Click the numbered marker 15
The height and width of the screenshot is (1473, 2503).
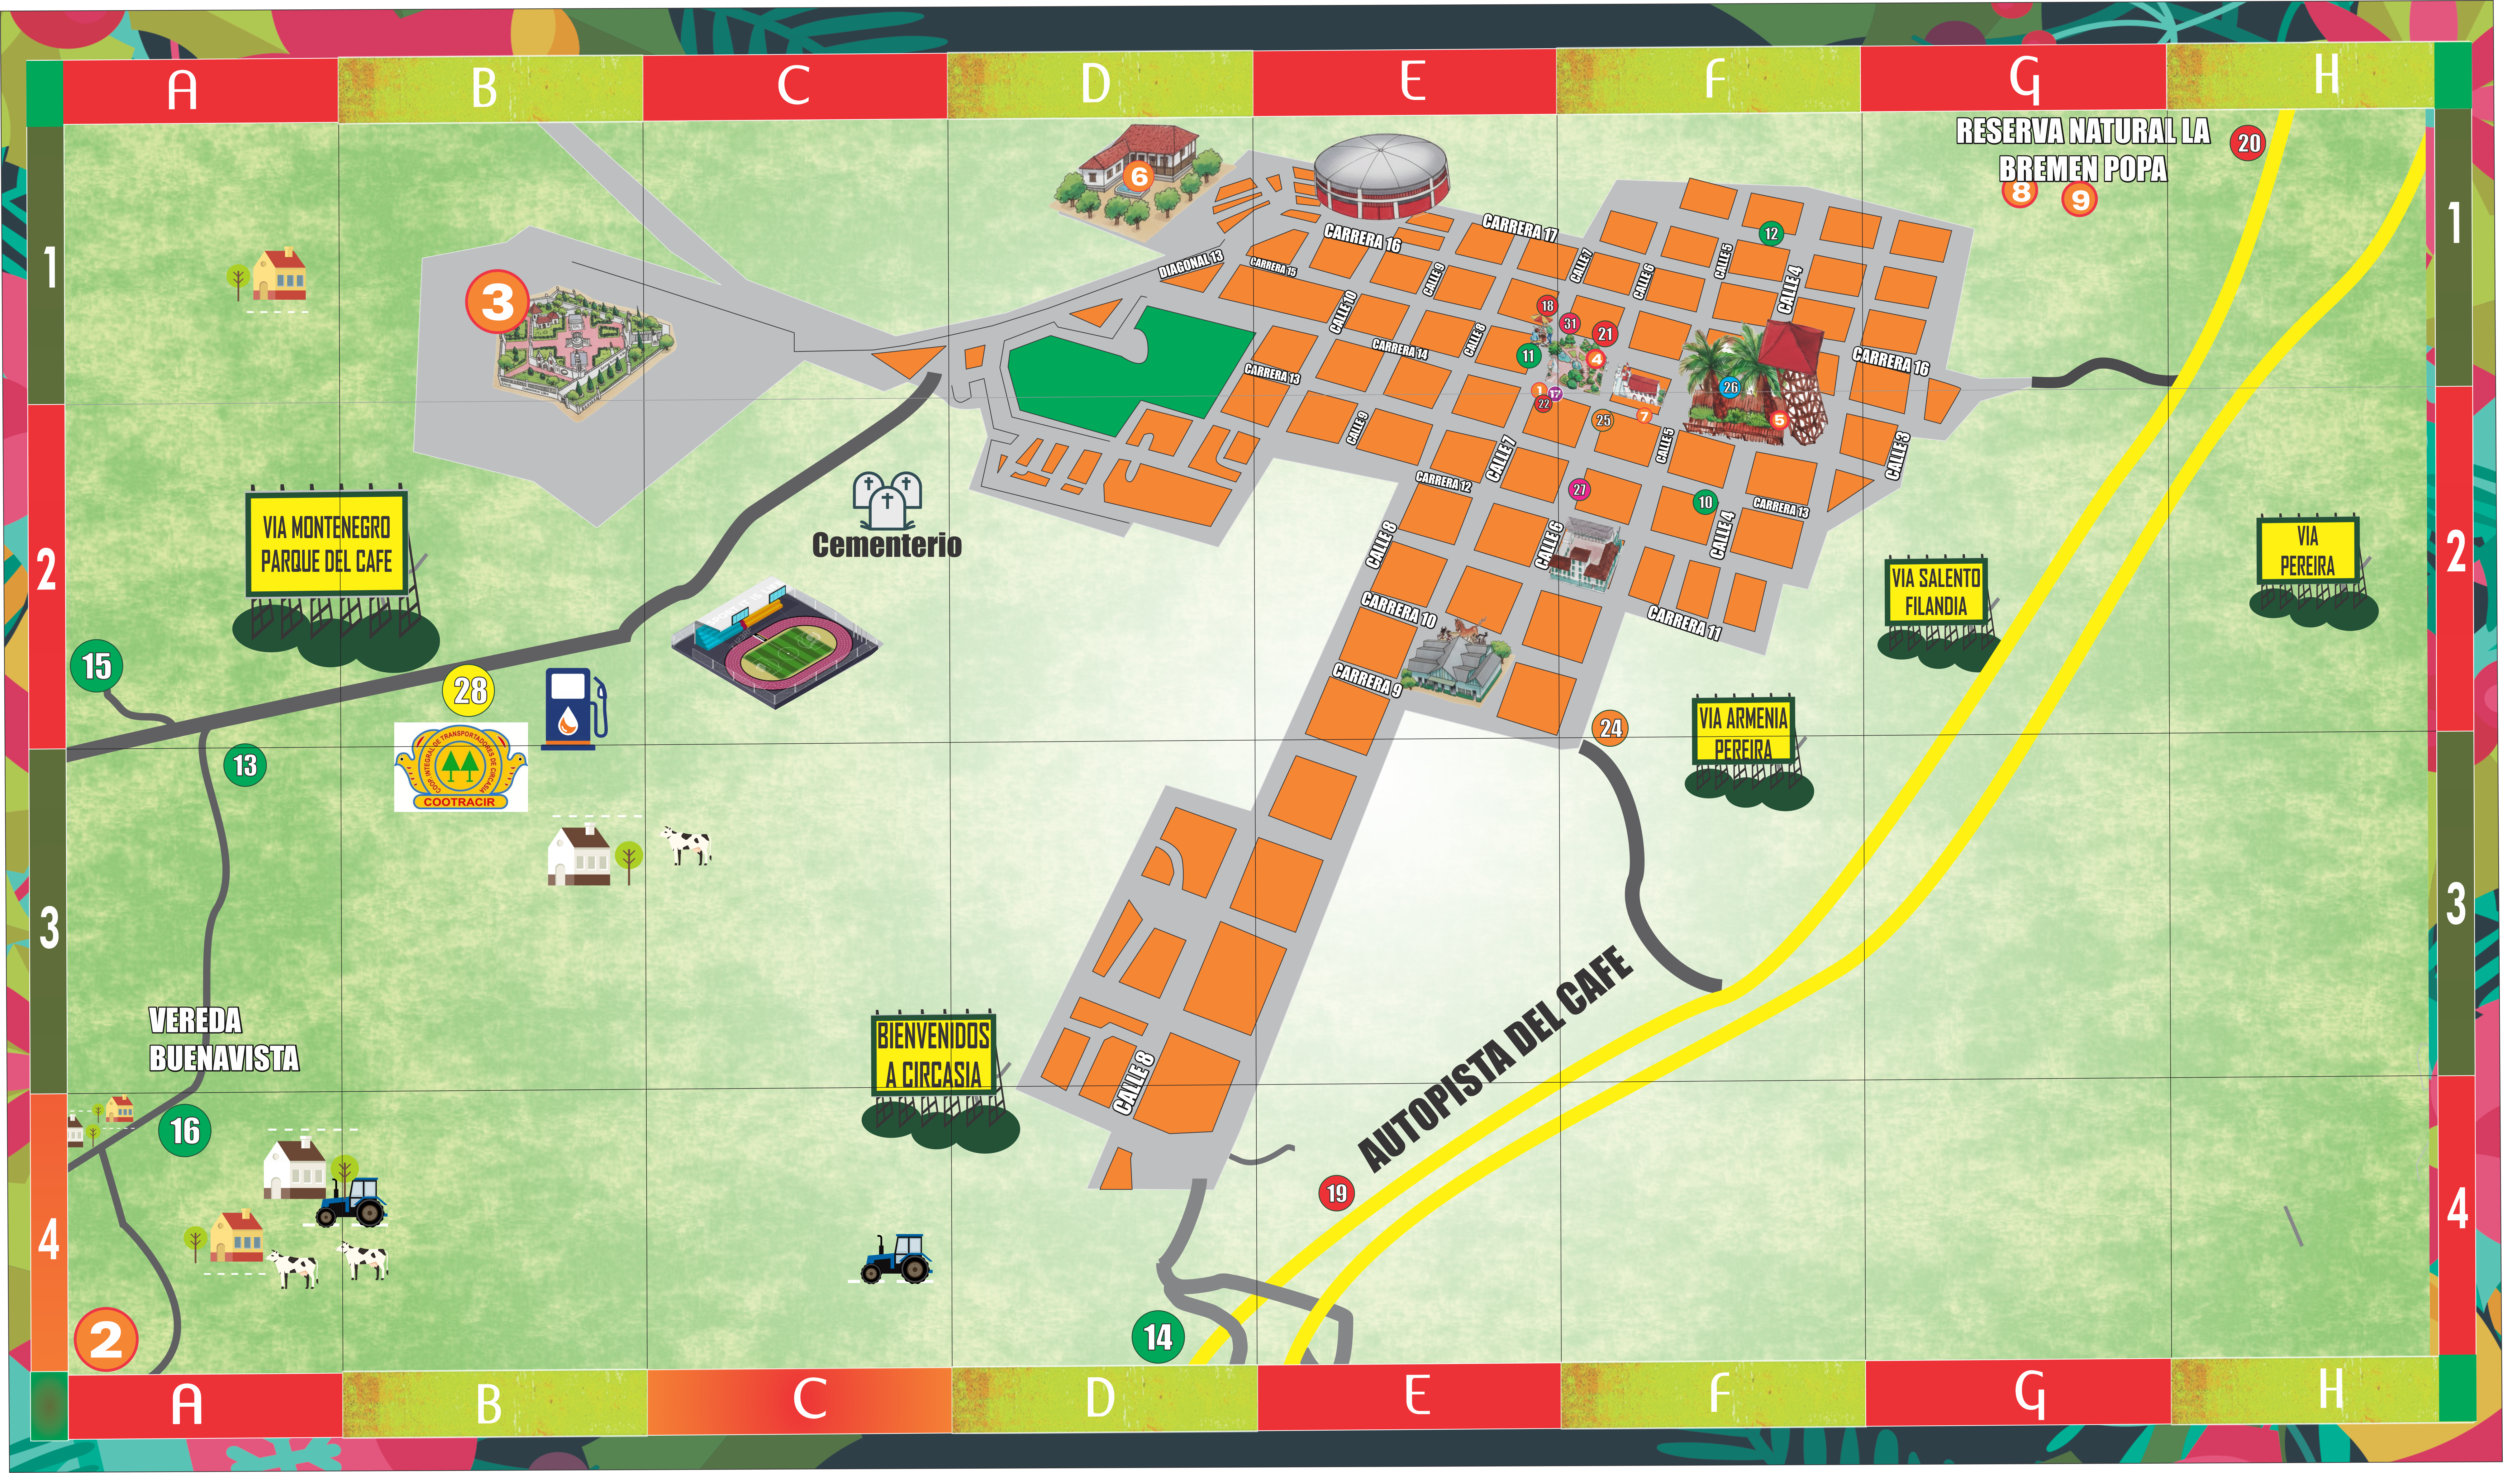(x=96, y=665)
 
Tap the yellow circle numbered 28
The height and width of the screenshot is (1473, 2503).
(x=470, y=690)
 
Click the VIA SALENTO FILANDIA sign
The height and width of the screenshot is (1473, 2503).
(x=1935, y=592)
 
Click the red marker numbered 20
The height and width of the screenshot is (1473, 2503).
(x=2249, y=143)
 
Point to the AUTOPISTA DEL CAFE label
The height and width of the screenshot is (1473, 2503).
(x=1495, y=1060)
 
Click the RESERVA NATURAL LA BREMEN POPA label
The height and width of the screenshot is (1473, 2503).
(x=2083, y=149)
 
